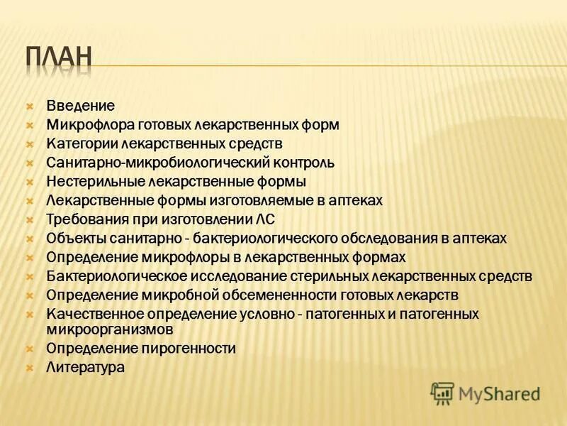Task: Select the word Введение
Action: [80, 106]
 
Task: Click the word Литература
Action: [85, 368]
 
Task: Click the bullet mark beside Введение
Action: [30, 106]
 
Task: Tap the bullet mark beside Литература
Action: [30, 368]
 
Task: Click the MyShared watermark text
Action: [499, 393]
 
